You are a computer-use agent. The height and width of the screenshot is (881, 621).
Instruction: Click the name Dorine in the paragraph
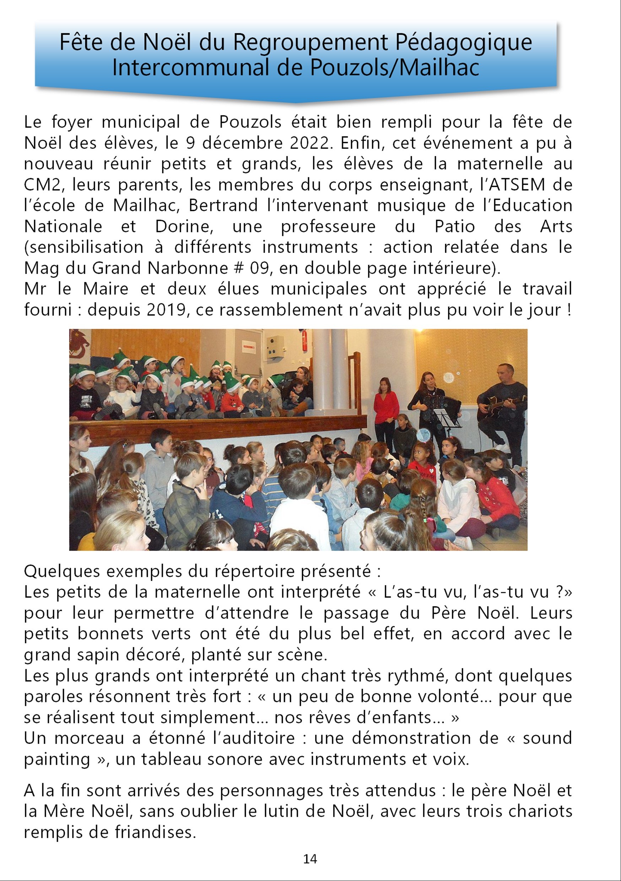pyautogui.click(x=184, y=226)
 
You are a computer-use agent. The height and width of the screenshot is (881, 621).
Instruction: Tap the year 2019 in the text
pyautogui.click(x=168, y=310)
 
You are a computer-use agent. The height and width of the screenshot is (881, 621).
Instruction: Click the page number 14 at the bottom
pyautogui.click(x=310, y=859)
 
